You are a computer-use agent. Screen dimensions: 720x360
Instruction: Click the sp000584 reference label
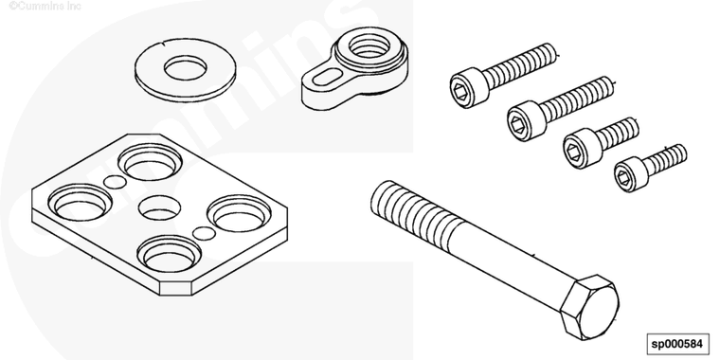pos(677,344)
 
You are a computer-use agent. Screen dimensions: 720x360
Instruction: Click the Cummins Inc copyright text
pos(45,6)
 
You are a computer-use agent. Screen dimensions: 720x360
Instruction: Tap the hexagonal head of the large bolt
pos(589,307)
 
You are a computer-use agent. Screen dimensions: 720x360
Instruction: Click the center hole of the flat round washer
pos(185,69)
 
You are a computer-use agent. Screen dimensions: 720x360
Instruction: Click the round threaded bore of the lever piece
pos(369,46)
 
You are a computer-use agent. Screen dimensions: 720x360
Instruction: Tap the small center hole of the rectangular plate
pos(159,207)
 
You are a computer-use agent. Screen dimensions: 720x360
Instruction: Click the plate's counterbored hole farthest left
pos(81,203)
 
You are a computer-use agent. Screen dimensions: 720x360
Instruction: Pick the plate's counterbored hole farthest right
pos(239,213)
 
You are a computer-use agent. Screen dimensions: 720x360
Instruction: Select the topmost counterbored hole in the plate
pos(150,162)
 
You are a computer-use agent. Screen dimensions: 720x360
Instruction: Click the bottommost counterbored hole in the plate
pos(170,254)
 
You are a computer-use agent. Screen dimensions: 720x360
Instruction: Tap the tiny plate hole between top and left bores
pos(115,182)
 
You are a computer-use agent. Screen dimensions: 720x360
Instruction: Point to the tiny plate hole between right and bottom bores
pos(204,233)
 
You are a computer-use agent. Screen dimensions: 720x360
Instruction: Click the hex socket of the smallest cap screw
pos(623,177)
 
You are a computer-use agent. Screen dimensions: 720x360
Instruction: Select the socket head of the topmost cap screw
pos(470,88)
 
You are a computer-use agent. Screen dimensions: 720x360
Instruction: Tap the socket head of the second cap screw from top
pos(527,120)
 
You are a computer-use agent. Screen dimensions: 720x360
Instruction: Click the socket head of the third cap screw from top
pos(583,149)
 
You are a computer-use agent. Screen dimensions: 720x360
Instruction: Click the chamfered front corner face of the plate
pos(175,289)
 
